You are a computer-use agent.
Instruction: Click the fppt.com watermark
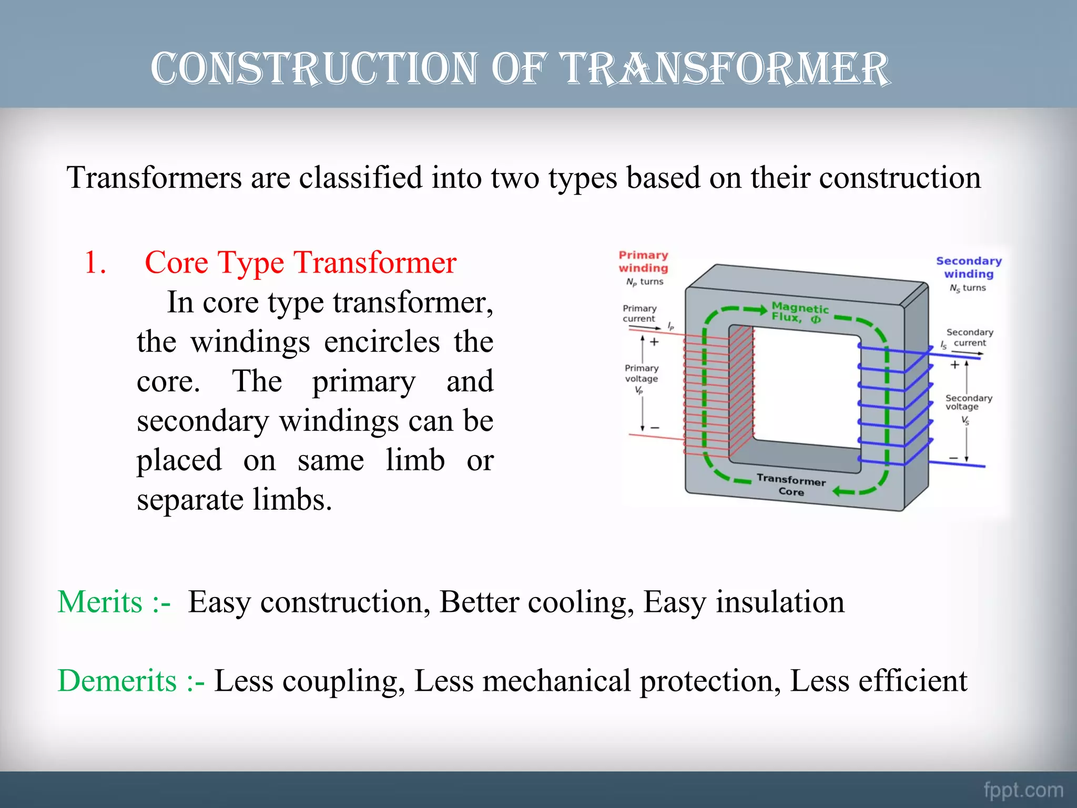click(x=1023, y=790)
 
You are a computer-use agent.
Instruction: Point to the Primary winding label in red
click(x=643, y=261)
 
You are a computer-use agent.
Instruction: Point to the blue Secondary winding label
click(x=969, y=267)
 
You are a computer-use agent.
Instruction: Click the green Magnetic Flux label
click(x=799, y=312)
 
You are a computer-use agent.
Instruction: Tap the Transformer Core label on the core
click(x=791, y=485)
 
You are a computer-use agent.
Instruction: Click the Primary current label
click(x=639, y=314)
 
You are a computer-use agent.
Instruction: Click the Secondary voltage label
click(x=968, y=402)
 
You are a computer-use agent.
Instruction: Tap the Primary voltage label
click(x=641, y=373)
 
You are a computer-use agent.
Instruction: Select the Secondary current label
click(x=969, y=337)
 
